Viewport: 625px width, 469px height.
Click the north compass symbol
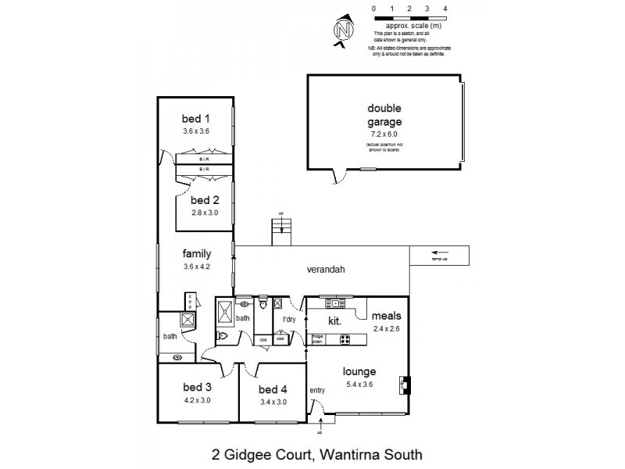point(341,30)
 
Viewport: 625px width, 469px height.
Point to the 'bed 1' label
point(195,119)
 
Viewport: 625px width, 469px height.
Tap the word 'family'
point(195,254)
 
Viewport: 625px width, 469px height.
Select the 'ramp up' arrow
point(441,252)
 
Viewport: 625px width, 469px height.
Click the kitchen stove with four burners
point(345,339)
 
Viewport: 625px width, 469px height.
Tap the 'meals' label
point(386,316)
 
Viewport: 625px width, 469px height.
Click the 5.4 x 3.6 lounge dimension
point(360,384)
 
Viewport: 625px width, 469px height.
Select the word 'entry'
point(317,390)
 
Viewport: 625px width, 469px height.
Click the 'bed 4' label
point(273,389)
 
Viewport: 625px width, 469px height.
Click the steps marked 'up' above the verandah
point(280,228)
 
